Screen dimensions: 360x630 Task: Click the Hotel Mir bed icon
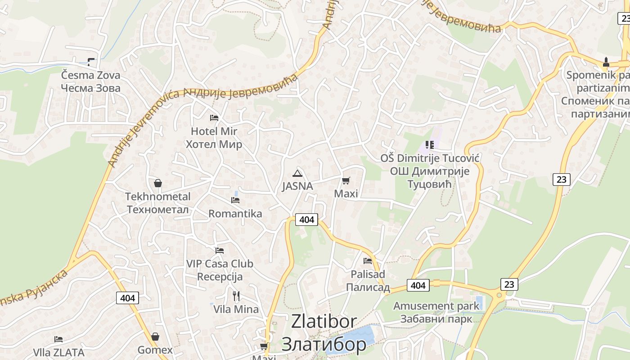coord(214,118)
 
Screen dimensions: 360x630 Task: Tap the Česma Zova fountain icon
coord(91,62)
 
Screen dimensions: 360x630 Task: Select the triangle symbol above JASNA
coord(297,173)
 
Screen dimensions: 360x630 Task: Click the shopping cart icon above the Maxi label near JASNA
coord(346,181)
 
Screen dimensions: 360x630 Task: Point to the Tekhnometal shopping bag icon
coord(158,183)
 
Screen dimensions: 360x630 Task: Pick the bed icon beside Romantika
coord(235,200)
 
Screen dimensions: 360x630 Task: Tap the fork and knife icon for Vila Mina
coord(236,296)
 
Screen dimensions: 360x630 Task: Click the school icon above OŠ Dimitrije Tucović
coord(429,145)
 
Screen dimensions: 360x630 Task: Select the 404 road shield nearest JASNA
coord(306,220)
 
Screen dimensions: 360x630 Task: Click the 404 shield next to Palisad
coord(418,285)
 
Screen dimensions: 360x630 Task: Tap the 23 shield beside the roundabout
coord(509,284)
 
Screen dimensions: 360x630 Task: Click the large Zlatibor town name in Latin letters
coord(324,322)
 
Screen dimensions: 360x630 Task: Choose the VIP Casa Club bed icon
coord(220,250)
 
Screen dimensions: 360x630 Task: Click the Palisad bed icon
coord(368,261)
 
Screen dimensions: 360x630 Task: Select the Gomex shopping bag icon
coord(155,337)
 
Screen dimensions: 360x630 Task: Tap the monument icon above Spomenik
coord(606,62)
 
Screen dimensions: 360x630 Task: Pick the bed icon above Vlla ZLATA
coord(58,339)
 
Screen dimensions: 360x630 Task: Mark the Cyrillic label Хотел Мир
coord(214,144)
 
